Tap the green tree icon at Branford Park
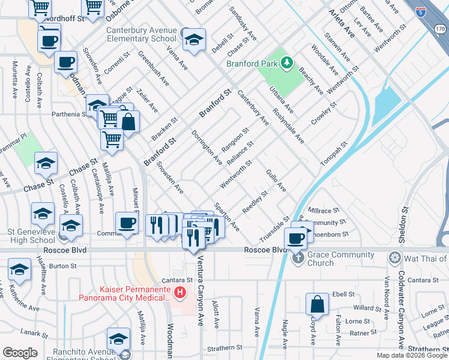coord(287,62)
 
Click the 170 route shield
coord(439,29)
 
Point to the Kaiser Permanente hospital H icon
coord(179,292)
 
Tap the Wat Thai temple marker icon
coord(394,259)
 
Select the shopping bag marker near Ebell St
coord(317,305)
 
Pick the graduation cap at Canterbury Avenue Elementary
coord(194,40)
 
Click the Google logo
coord(20,353)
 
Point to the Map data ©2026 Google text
coord(412,355)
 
